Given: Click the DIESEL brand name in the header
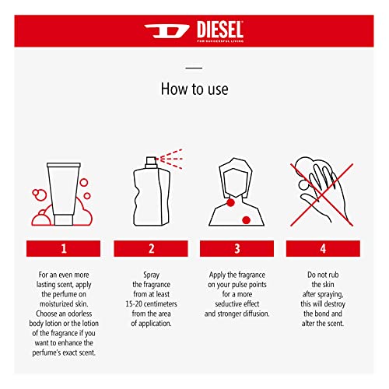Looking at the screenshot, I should (x=213, y=30).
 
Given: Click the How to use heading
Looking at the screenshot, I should (x=194, y=89).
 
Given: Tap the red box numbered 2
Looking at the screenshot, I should (x=152, y=248).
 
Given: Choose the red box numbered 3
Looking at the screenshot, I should (x=237, y=248).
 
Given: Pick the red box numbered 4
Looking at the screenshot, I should (x=323, y=248).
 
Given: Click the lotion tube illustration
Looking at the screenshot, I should (x=65, y=191).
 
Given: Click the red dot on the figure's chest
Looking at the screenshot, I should (x=247, y=221).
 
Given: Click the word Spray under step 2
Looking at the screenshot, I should (x=152, y=275).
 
